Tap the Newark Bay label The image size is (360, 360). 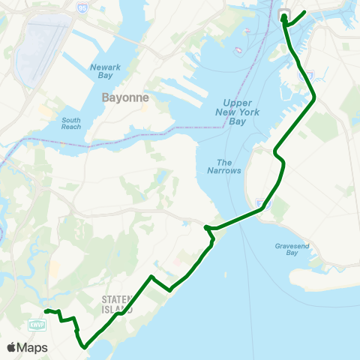coord(105,71)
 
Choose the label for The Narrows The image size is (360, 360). coord(229,166)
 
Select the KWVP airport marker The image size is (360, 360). coord(36,324)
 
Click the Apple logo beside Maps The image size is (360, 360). coord(11,348)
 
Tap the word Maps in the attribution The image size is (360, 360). coord(32,348)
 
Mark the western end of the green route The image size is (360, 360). coord(45,310)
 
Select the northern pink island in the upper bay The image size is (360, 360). coord(246,30)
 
